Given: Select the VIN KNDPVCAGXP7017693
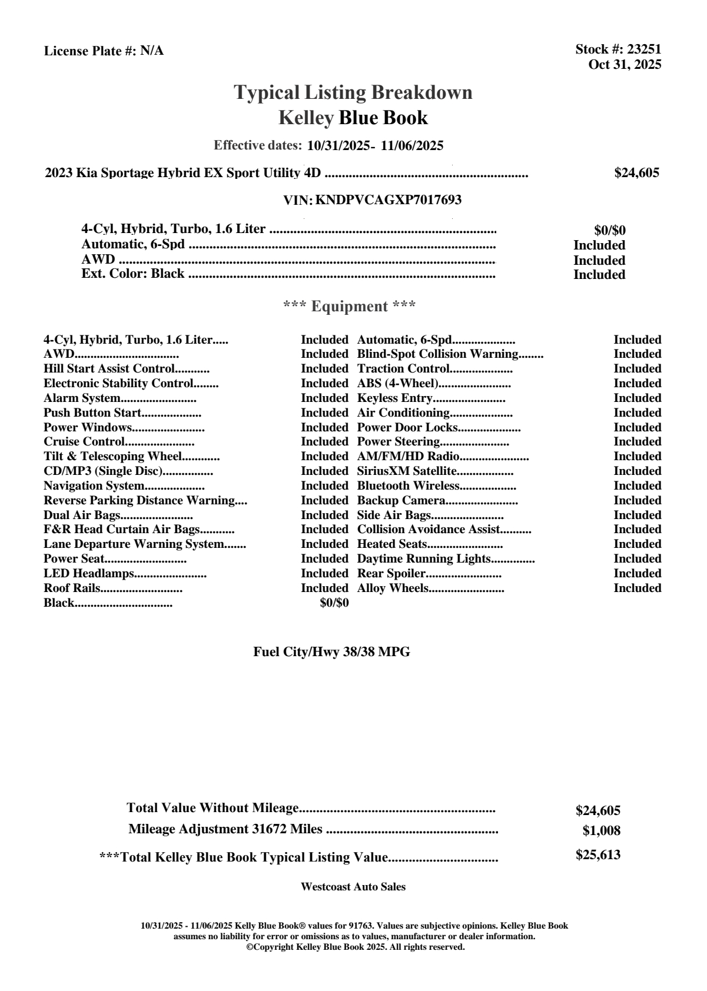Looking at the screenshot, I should coord(388,200).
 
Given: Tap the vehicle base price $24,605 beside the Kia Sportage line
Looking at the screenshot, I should coord(636,172).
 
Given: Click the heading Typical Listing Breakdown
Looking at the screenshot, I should coord(353,92).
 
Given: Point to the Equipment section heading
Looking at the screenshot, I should coord(350,306).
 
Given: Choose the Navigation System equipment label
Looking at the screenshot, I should coord(94,486).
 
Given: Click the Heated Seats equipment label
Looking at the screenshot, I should coord(392,544).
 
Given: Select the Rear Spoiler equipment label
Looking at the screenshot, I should coord(391,574).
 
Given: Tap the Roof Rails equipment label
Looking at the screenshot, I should coord(72,588).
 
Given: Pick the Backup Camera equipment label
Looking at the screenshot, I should coord(401,501).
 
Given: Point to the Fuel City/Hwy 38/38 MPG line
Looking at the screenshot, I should coord(331,652).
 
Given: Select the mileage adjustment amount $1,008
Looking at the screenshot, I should coord(601,831).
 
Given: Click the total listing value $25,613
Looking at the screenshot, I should coord(598,855).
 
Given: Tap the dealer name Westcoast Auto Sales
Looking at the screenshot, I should coord(353,887).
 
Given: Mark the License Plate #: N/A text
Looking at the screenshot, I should coord(104,51).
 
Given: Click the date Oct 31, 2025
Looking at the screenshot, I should coord(625,65).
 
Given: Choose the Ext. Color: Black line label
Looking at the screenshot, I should coord(133,274).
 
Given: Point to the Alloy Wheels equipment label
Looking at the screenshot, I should coord(393,588).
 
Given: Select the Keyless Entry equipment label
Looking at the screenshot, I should coord(394,398).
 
